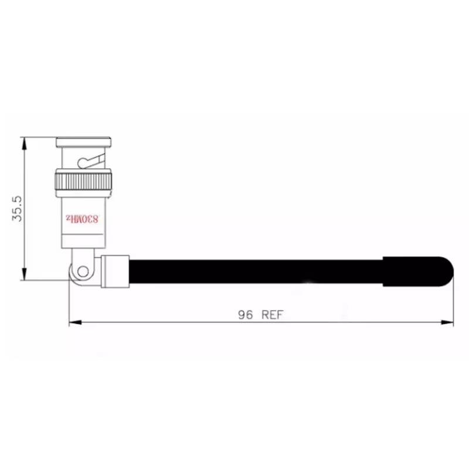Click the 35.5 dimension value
click(17, 209)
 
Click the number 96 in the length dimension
click(245, 315)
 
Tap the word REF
click(272, 315)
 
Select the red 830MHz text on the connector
click(82, 219)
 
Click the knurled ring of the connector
click(83, 181)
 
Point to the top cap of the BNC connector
click(84, 142)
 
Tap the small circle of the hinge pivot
click(83, 271)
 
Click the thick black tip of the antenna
click(418, 271)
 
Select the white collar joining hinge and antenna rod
click(115, 271)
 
